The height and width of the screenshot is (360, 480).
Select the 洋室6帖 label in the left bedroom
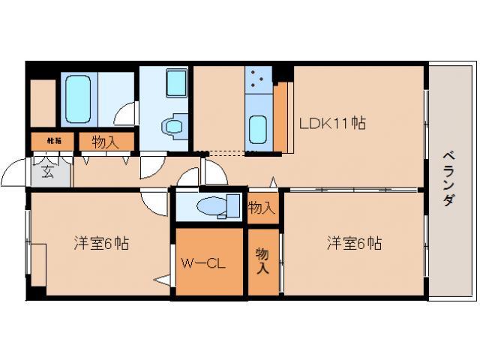click(100, 244)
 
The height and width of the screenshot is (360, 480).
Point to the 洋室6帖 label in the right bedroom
click(353, 244)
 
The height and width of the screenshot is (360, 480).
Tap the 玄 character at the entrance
click(47, 172)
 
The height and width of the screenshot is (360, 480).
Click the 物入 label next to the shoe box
click(103, 140)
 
